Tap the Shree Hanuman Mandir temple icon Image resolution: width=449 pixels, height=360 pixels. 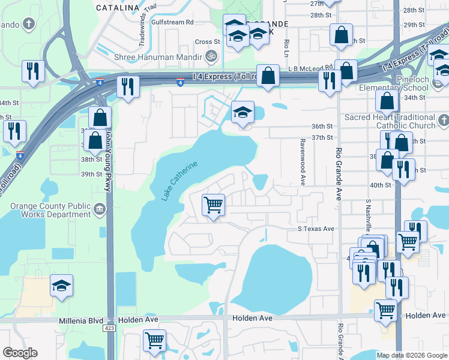[210, 58]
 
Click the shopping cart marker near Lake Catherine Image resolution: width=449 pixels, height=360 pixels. [214, 205]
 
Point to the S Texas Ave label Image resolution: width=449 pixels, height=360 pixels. [316, 229]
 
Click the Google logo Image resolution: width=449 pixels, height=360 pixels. [20, 353]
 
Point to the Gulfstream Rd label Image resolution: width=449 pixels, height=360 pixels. [173, 22]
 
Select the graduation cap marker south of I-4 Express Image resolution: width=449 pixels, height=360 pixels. [243, 113]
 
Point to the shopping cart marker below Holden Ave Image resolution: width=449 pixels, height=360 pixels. [155, 341]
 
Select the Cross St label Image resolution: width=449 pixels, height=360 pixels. [208, 42]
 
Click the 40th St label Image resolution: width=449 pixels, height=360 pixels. [380, 185]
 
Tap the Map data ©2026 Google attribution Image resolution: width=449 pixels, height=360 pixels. [411, 355]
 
